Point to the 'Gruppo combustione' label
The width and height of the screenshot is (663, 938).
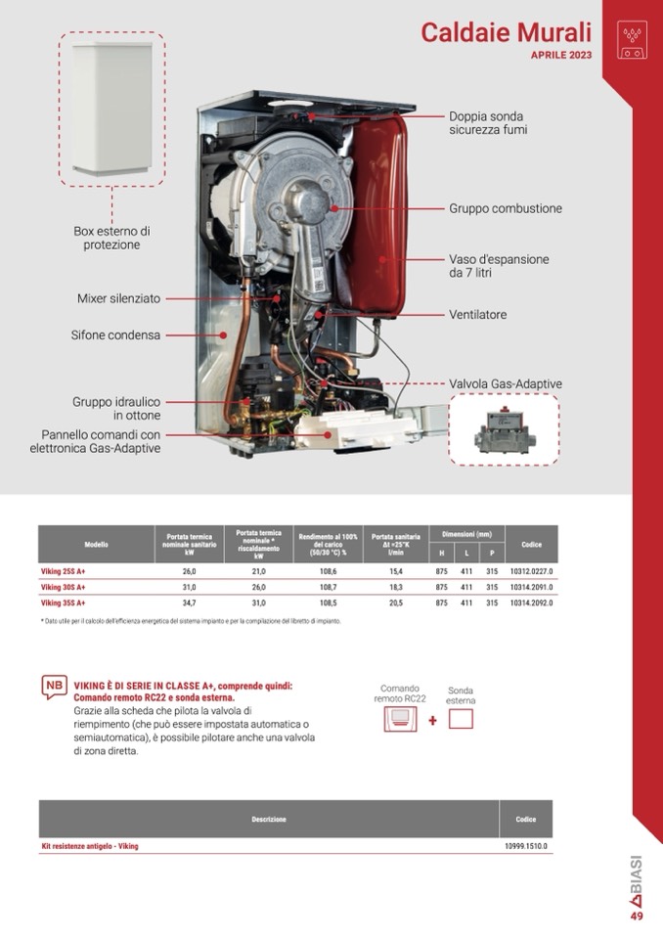click(506, 209)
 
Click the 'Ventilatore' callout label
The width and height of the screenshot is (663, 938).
click(478, 316)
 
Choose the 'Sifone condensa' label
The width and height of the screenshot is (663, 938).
click(115, 335)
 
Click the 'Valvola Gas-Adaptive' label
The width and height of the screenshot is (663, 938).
click(505, 383)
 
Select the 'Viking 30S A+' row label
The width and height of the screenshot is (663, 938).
click(64, 587)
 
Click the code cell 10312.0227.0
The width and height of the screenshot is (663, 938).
click(531, 570)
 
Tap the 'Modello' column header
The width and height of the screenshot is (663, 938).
click(96, 544)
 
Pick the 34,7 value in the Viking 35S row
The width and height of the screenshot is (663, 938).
click(189, 603)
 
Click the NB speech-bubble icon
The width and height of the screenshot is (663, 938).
click(54, 687)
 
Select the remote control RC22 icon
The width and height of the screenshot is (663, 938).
click(399, 720)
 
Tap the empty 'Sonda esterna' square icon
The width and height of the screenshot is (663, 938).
click(460, 719)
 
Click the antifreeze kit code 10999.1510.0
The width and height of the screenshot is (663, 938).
click(526, 846)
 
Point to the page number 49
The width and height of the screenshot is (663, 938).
click(637, 916)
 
